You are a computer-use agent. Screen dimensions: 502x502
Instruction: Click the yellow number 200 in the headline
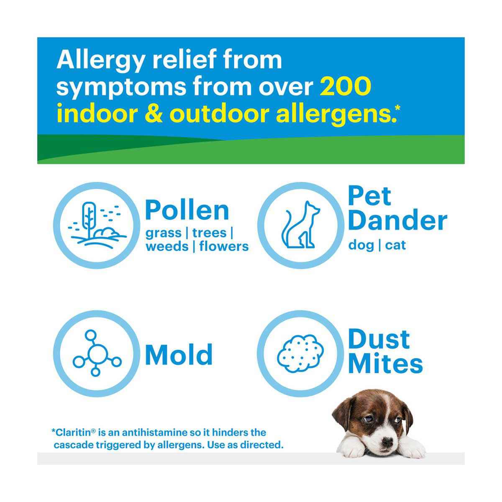345,86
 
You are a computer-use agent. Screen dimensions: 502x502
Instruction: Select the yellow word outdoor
219,114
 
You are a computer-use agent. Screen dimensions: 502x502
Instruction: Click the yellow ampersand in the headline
152,114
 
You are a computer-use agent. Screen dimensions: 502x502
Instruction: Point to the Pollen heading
187,210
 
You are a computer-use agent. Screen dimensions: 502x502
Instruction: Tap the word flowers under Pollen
224,246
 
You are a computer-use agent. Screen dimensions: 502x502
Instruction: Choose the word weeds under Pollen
167,246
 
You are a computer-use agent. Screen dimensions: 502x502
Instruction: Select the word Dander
397,220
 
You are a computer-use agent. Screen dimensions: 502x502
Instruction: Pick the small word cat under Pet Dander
395,245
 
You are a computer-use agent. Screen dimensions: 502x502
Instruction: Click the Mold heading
179,355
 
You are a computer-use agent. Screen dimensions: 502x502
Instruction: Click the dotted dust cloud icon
300,353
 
